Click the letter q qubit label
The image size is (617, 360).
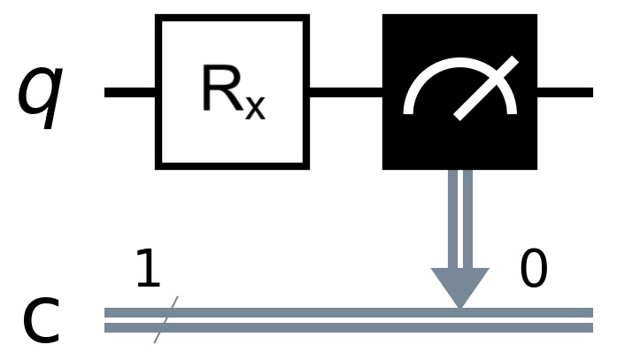pyautogui.click(x=41, y=92)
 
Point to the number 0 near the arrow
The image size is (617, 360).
pyautogui.click(x=533, y=271)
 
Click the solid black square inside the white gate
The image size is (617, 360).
pyautogui.click(x=232, y=87)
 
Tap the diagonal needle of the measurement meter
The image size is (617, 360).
pyautogui.click(x=484, y=88)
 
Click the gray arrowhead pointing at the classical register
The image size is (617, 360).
pyautogui.click(x=459, y=286)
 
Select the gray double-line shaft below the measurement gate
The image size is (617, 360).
pyautogui.click(x=459, y=217)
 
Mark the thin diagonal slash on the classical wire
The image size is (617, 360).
pyautogui.click(x=166, y=319)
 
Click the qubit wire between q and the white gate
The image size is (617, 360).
pyautogui.click(x=130, y=92)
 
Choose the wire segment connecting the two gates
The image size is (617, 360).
pyautogui.click(x=345, y=92)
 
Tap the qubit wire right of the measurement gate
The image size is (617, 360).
pyautogui.click(x=565, y=92)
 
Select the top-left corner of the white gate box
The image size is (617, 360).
pyautogui.click(x=158, y=18)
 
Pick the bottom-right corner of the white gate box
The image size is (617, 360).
pyautogui.click(x=305, y=165)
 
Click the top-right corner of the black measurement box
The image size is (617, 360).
pyautogui.click(x=535, y=16)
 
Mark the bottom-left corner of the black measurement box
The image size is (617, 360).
pyautogui.click(x=384, y=166)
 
